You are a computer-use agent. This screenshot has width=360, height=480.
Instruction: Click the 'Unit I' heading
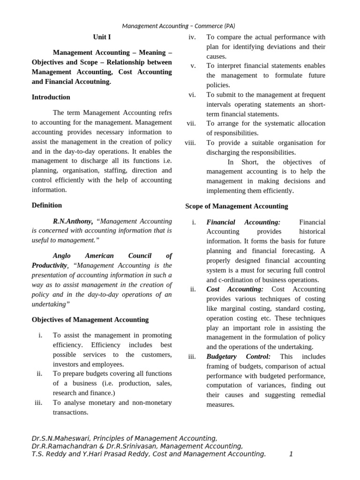point(102,37)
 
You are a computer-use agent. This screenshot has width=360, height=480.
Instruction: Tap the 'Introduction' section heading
point(51,97)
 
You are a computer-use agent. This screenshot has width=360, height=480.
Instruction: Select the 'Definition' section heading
point(46,205)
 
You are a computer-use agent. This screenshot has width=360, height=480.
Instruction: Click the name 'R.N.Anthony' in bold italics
point(73,221)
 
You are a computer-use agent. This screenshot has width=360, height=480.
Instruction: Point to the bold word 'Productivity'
point(50,265)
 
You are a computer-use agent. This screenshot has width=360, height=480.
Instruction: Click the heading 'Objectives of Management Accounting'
point(90,320)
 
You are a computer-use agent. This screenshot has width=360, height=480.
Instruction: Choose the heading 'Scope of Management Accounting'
point(237,206)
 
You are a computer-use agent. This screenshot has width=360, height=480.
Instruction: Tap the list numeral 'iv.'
point(192,37)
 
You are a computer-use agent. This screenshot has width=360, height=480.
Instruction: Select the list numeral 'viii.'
point(190,142)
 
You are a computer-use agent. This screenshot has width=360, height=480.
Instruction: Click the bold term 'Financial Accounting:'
point(243,222)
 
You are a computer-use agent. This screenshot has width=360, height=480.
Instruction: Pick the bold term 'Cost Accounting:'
point(235,289)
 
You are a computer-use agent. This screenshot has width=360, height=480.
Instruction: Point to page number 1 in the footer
point(291,454)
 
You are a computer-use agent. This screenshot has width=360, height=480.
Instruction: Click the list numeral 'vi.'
point(192,95)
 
